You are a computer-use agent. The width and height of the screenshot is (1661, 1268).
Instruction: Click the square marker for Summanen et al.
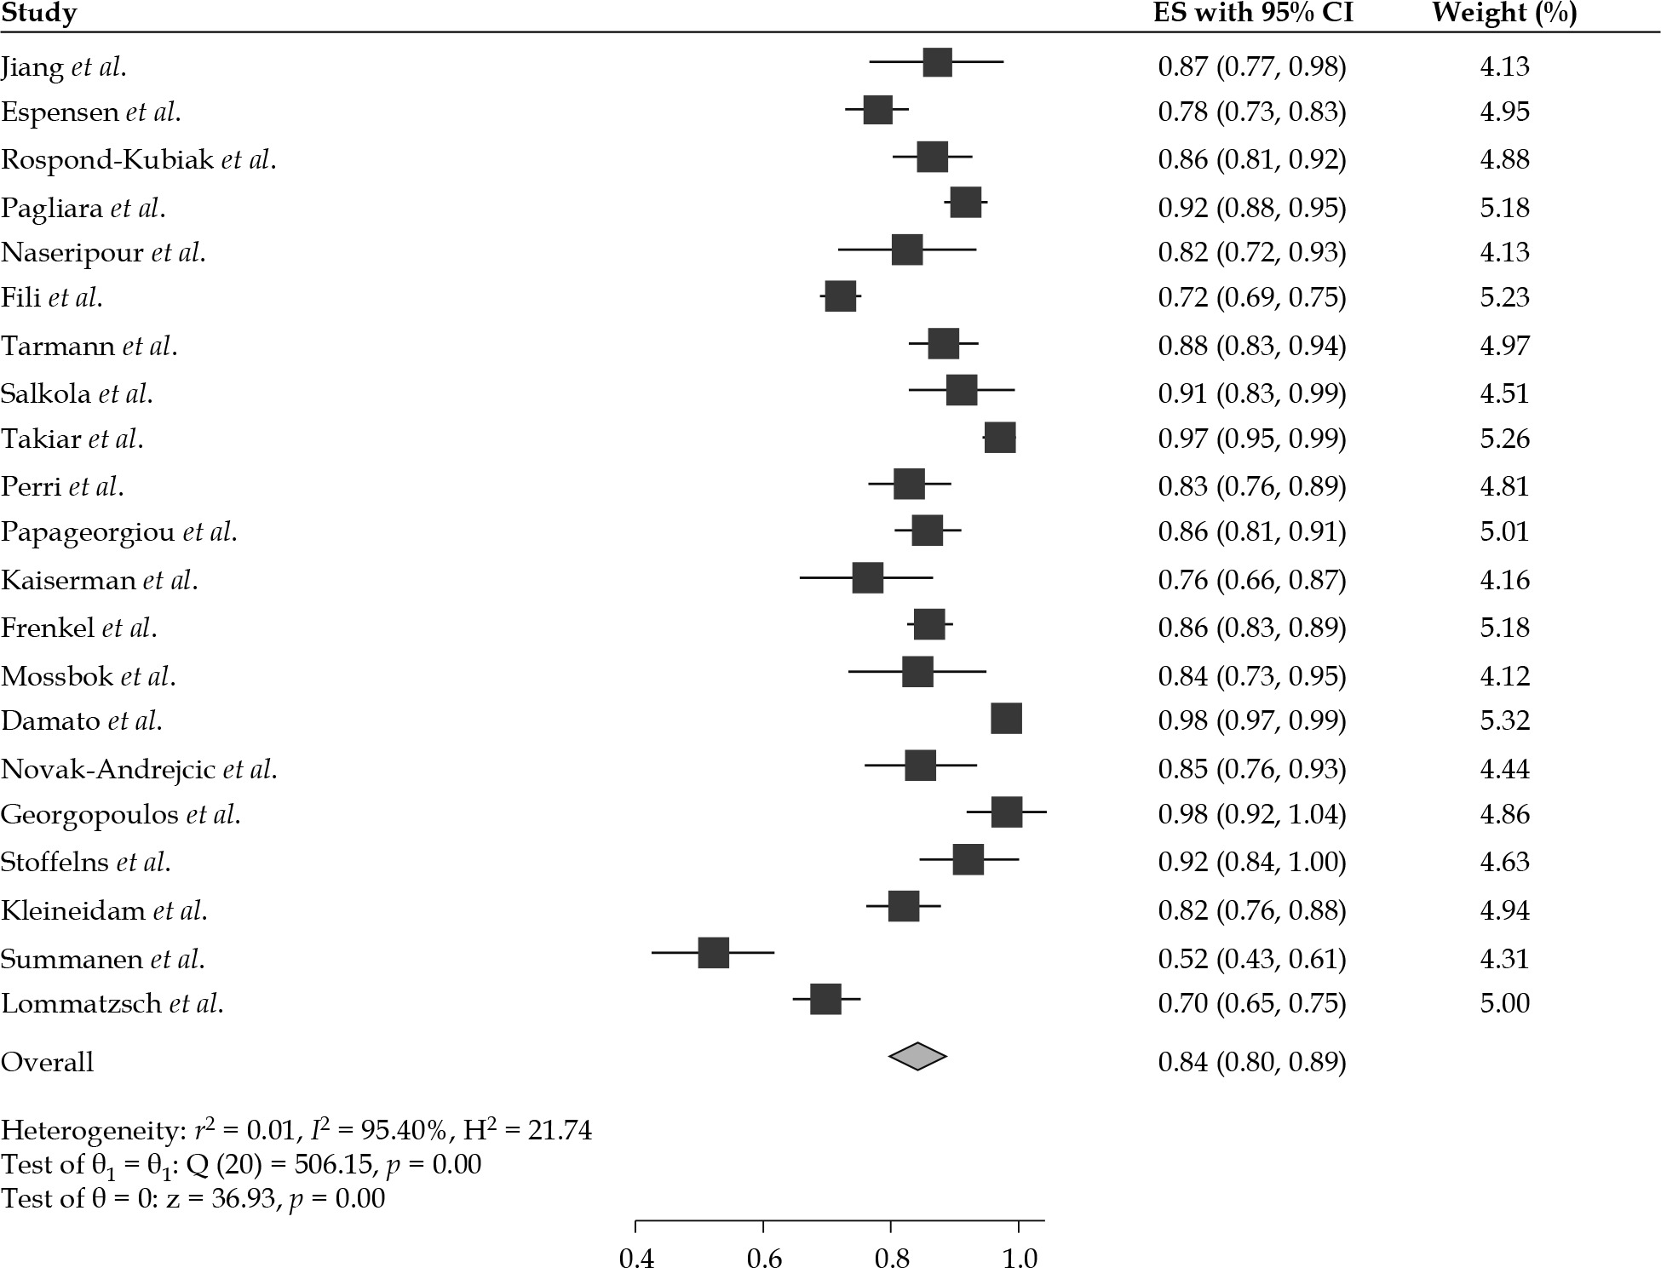pos(713,953)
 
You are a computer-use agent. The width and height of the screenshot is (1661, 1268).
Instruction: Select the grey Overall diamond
pos(917,1056)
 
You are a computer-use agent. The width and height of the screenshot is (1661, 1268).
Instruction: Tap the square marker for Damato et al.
pos(1006,719)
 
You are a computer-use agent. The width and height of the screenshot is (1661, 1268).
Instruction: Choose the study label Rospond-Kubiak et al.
pos(138,160)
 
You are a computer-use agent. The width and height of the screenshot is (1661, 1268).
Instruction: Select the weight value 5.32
pos(1504,720)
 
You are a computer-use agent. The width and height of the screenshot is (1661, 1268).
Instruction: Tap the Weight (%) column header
pos(1503,14)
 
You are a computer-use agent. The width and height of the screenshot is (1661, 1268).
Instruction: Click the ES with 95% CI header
pos(1252,14)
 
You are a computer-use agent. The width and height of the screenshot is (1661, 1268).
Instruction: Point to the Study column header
pos(39,14)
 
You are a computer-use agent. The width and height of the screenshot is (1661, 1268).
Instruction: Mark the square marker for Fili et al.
pos(840,296)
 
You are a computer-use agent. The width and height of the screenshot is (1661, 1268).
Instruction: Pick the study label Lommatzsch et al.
pos(112,1003)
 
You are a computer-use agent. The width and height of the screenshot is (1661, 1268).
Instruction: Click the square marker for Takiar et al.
pos(999,438)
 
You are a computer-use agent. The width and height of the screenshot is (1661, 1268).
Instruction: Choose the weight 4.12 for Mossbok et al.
pos(1504,676)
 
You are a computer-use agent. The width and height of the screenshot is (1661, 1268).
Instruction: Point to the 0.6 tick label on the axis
pos(763,1257)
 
